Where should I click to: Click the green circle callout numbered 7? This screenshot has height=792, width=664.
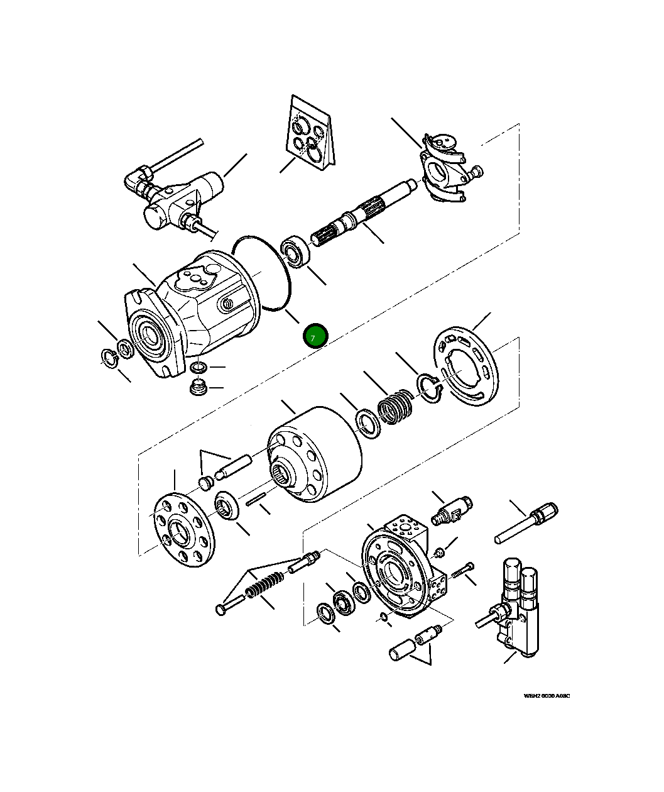315,336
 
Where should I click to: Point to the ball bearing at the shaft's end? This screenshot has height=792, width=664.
293,251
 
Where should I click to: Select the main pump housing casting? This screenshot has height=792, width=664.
195,314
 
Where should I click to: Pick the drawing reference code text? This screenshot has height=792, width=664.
547,696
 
